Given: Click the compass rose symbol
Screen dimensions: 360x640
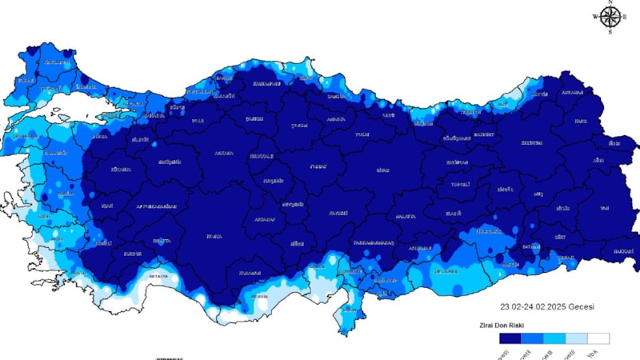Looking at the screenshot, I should click(x=610, y=17).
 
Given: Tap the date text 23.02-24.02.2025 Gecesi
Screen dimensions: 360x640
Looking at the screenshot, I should click(x=547, y=306).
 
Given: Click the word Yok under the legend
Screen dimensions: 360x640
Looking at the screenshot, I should click(x=593, y=354).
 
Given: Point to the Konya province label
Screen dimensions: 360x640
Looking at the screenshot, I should click(x=214, y=236).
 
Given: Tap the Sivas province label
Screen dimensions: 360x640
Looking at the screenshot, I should click(x=383, y=170).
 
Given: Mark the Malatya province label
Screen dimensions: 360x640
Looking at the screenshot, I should click(x=406, y=216).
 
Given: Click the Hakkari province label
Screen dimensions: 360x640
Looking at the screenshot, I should click(x=622, y=251).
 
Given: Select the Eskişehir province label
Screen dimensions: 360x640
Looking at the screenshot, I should click(x=170, y=162).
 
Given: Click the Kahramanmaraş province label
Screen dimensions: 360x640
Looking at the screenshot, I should click(x=374, y=242).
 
